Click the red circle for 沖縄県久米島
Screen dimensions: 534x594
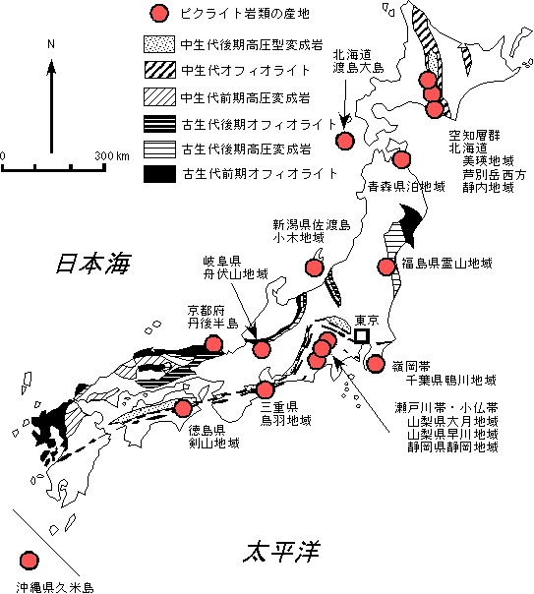pos(29,560)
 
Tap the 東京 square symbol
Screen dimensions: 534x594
pos(361,335)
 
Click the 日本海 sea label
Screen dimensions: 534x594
pos(93,263)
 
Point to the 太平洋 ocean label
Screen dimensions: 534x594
pos(281,552)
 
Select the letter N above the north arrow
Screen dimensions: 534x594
pos(51,44)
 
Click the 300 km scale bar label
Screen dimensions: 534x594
pos(112,155)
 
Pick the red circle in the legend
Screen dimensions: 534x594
pos(159,13)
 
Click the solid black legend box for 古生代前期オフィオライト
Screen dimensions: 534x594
pos(159,174)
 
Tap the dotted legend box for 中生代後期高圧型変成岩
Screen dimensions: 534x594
pos(159,44)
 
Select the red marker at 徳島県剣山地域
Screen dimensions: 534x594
pos(183,408)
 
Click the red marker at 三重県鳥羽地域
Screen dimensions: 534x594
pos(265,389)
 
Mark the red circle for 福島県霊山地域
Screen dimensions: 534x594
pos(386,266)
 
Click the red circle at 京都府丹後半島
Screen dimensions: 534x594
pos(213,344)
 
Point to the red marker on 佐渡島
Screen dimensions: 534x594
pos(315,267)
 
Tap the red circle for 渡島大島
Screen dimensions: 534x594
pos(345,141)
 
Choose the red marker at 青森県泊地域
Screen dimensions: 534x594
pos(401,159)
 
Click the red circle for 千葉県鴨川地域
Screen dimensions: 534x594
pos(376,364)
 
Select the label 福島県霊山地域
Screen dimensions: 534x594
pos(446,263)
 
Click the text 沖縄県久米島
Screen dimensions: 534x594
pos(55,587)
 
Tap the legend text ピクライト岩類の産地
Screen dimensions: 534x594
pos(245,14)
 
